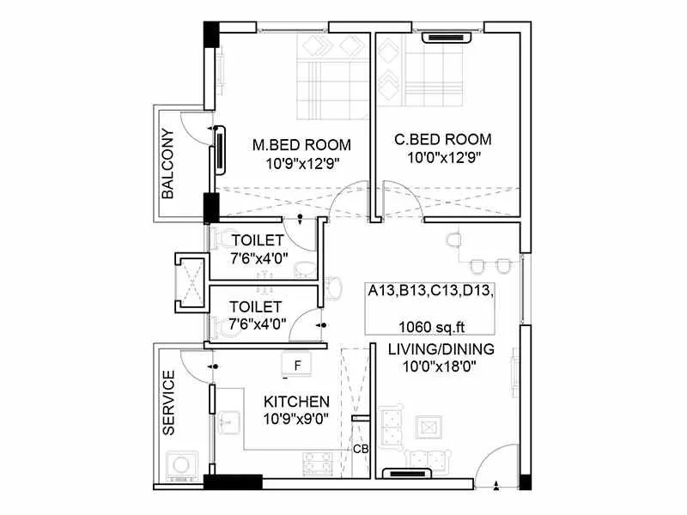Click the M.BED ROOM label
tap(301, 144)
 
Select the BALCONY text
tap(167, 164)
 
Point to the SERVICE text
tap(168, 402)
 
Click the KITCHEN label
tap(296, 401)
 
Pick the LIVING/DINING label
tap(441, 348)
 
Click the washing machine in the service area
tap(182, 464)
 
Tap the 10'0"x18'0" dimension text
tap(441, 367)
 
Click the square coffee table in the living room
tap(427, 427)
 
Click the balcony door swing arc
tap(198, 137)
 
